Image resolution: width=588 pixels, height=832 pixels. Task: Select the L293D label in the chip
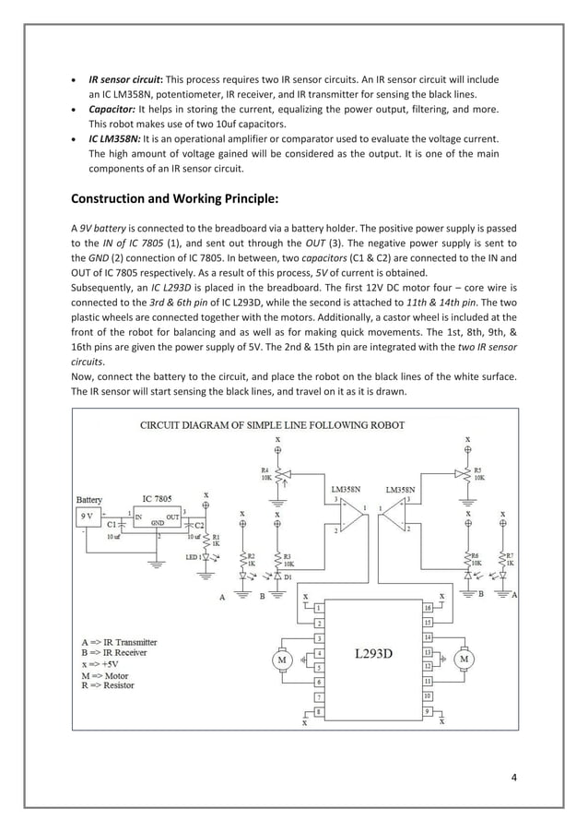tap(374, 653)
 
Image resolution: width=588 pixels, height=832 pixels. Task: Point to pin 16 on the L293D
tap(428, 609)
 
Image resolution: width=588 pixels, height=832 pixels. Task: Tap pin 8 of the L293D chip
tap(318, 712)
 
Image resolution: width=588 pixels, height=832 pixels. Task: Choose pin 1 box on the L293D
tap(318, 609)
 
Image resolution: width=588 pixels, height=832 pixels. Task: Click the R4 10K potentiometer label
tap(265, 474)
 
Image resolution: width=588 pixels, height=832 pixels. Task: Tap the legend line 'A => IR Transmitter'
tap(117, 641)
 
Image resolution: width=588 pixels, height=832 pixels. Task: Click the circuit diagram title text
tap(271, 425)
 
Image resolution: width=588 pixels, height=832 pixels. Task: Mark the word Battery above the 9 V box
tap(89, 499)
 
